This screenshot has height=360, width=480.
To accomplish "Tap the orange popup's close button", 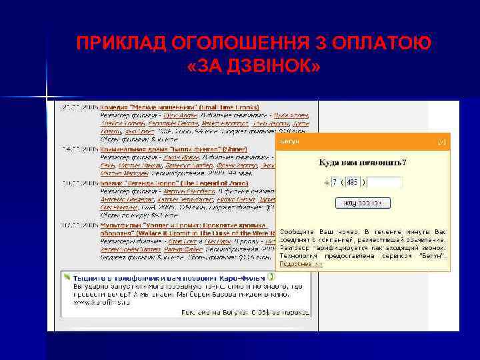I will pos(441,142).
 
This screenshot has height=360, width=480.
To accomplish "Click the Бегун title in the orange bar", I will pos(289,142).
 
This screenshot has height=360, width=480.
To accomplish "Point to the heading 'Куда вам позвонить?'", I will pos(363,162).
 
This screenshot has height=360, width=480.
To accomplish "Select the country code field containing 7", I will pos(335,182).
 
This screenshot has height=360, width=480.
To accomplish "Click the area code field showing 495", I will pos(353,182).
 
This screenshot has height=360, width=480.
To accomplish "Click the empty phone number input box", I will pos(385,182).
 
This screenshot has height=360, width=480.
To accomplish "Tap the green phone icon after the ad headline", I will pos(271,276).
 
